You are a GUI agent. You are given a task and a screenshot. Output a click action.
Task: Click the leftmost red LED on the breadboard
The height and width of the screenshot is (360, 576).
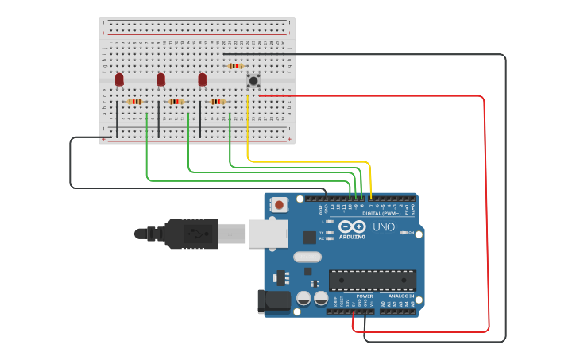(x=119, y=79)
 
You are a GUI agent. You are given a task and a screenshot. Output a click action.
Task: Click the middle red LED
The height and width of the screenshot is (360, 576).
(x=160, y=79)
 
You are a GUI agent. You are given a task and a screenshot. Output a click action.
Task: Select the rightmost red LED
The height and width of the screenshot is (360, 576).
(x=202, y=79)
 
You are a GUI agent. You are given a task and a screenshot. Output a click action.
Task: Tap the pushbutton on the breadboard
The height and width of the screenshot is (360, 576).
(x=253, y=79)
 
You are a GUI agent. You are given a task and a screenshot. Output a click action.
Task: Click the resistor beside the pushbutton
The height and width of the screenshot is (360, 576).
(x=235, y=66)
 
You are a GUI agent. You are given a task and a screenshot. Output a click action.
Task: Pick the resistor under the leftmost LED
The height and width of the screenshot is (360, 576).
(x=134, y=102)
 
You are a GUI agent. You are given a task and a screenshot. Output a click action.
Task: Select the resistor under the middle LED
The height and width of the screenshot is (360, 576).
(x=176, y=102)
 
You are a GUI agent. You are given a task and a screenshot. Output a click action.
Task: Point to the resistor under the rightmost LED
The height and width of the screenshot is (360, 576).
(x=217, y=102)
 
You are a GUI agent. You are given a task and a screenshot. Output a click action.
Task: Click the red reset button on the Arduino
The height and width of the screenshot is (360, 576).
(x=280, y=204)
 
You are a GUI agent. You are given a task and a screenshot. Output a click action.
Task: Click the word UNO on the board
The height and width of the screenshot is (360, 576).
(x=384, y=227)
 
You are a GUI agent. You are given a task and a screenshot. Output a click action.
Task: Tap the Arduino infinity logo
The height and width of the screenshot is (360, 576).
(x=351, y=226)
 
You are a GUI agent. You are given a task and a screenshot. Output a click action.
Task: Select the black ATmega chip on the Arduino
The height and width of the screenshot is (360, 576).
(x=373, y=280)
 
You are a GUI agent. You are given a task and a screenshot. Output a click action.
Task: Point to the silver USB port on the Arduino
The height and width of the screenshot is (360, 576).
(x=262, y=233)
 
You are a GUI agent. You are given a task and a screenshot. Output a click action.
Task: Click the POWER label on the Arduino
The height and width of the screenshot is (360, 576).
(x=365, y=296)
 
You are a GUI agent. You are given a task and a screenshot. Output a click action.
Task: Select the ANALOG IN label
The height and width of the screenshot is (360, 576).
(x=400, y=296)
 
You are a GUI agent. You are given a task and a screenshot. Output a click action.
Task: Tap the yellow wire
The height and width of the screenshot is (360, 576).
(x=310, y=161)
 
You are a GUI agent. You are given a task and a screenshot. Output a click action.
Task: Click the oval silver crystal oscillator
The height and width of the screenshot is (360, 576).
(x=307, y=257)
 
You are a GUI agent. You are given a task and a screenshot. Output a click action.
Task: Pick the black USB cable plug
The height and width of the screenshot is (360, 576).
(x=191, y=234)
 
